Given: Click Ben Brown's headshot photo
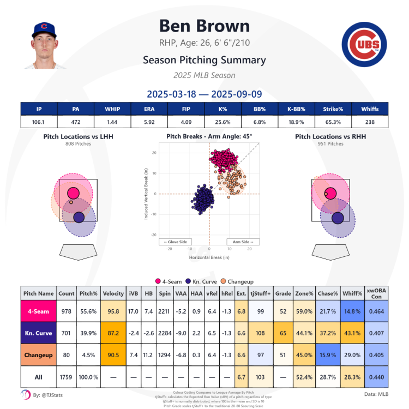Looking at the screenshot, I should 45,46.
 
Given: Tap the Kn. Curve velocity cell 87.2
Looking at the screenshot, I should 113,332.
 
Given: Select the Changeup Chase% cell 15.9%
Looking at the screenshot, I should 327,355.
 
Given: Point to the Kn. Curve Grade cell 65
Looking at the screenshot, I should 283,332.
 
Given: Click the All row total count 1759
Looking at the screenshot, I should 66,377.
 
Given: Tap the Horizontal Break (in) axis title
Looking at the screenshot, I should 209,257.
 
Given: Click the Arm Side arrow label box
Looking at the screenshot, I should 243,242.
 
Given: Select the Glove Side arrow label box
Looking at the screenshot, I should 175,242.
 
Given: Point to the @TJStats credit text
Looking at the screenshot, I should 49,394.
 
